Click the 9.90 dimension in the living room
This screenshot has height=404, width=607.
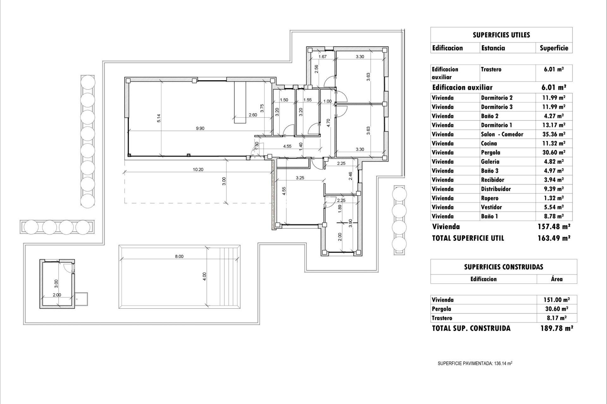click(x=200, y=128)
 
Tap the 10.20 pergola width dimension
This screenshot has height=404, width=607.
click(x=198, y=169)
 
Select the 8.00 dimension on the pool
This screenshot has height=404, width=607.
click(x=179, y=256)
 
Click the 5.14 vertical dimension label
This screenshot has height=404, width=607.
click(x=159, y=118)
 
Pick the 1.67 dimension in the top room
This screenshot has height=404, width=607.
click(x=322, y=57)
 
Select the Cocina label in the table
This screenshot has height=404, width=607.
click(x=489, y=143)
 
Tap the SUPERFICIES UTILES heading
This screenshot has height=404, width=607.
click(x=501, y=35)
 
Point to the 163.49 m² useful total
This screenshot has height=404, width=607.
click(x=554, y=238)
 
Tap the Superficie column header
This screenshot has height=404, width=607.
click(x=554, y=48)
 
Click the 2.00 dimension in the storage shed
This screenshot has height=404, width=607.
click(x=57, y=295)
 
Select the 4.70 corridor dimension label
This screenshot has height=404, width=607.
click(x=328, y=122)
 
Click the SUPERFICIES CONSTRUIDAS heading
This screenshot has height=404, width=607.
click(x=503, y=267)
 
